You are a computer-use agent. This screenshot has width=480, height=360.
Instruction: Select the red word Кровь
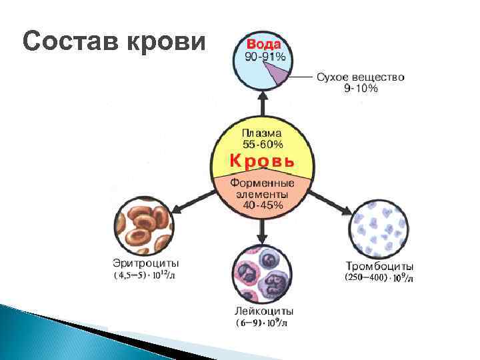[262, 161]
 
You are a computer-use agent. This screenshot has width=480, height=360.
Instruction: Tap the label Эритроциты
[145, 263]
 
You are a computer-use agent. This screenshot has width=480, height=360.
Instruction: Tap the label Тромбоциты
[379, 266]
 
